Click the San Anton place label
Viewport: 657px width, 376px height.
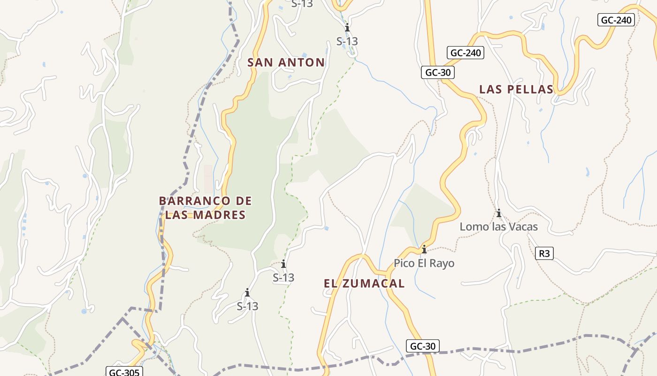point(286,63)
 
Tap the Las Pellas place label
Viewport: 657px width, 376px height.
point(516,89)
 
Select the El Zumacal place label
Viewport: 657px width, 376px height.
point(364,283)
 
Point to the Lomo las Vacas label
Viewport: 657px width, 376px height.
point(498,227)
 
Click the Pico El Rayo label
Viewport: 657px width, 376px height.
point(424,263)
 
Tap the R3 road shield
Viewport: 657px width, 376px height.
point(544,253)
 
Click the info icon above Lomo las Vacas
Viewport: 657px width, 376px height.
point(498,213)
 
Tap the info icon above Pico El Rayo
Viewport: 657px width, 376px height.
point(424,249)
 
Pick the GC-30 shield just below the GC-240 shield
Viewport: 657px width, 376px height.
point(437,72)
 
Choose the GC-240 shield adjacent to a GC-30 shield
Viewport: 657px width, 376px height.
point(465,53)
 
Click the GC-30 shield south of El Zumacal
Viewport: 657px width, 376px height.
point(422,346)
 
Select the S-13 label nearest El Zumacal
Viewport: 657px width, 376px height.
point(283,278)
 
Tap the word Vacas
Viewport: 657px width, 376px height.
point(521,227)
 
